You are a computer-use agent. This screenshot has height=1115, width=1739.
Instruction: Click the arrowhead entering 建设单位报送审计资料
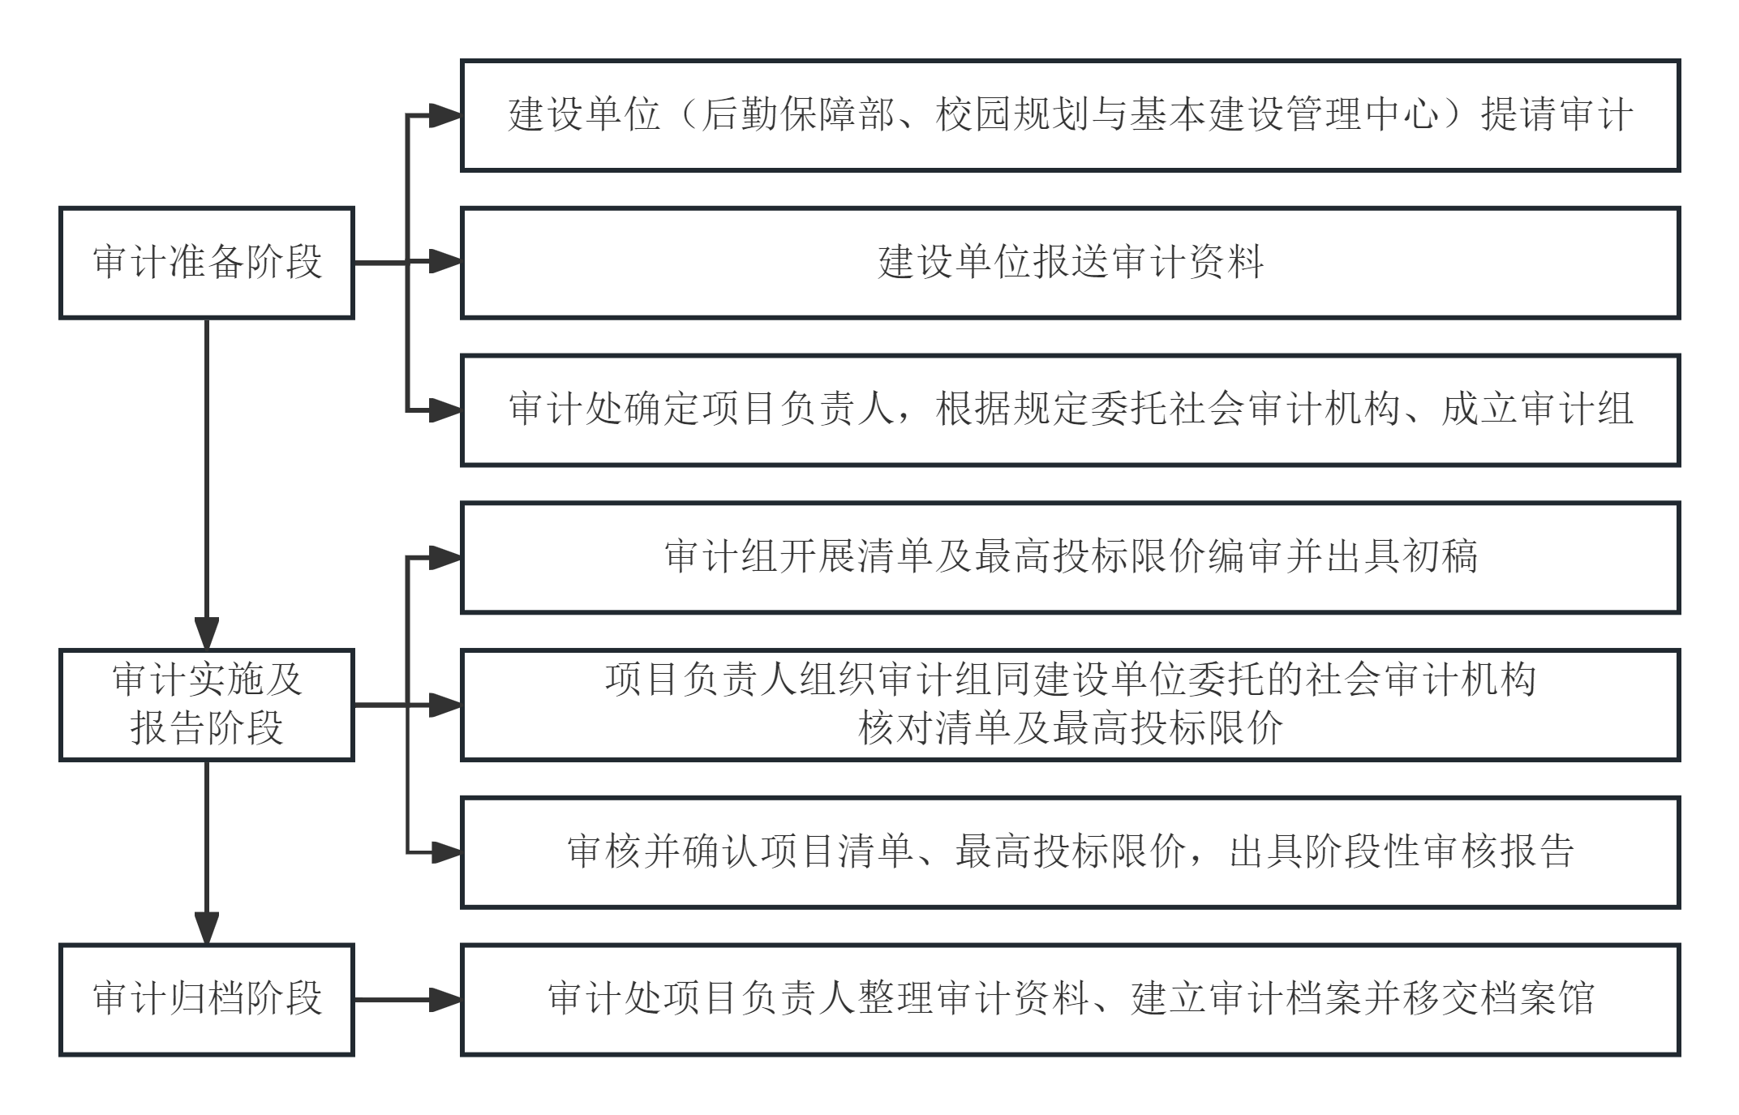[x=445, y=262]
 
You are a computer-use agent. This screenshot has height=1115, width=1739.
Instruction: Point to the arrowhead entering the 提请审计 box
[x=445, y=116]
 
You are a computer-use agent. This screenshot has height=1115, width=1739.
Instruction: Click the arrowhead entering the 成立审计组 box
[x=445, y=410]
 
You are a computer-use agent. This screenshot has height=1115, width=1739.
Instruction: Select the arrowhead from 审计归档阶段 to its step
[x=445, y=1000]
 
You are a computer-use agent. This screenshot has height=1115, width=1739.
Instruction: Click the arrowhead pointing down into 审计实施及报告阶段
[x=207, y=633]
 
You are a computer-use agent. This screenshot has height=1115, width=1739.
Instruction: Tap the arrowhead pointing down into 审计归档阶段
[x=207, y=928]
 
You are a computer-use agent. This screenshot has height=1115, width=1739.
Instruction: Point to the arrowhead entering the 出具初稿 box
[x=445, y=558]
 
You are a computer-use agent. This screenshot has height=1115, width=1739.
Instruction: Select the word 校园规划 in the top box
[x=1012, y=114]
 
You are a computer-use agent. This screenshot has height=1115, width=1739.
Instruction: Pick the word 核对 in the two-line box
[x=895, y=727]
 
